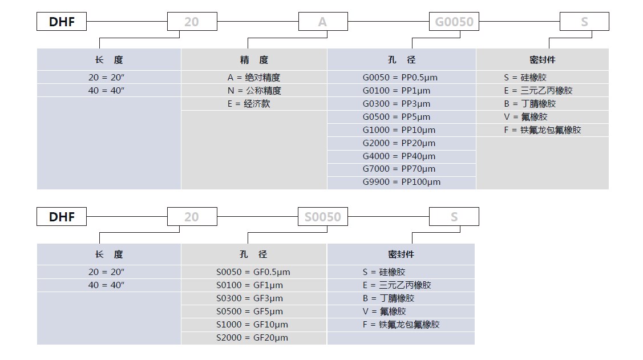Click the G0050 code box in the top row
tap(454, 21)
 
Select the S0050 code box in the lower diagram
tap(323, 216)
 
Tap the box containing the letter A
tap(323, 21)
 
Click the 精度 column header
tap(254, 60)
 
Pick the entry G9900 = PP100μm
tap(402, 181)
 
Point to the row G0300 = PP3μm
tap(397, 104)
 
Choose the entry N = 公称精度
tap(254, 91)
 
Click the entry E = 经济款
tap(249, 104)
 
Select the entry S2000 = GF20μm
tap(252, 337)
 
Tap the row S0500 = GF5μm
tap(250, 311)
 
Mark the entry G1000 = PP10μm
tap(399, 130)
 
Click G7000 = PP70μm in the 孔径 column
tap(399, 168)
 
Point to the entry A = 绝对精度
tap(254, 78)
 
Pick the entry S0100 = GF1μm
tap(250, 285)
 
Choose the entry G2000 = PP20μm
tap(399, 143)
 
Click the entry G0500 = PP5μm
tap(397, 117)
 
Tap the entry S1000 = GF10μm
tap(252, 324)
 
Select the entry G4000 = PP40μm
tap(399, 156)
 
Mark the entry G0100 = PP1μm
tap(397, 91)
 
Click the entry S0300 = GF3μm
tap(250, 298)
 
